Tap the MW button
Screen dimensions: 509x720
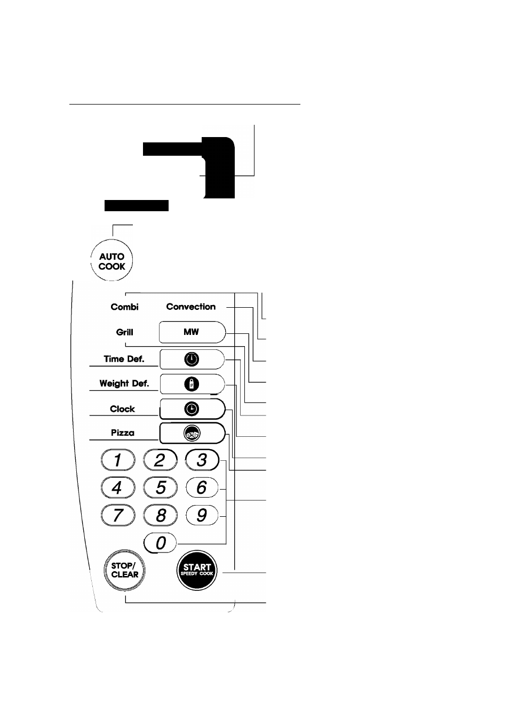pos(192,332)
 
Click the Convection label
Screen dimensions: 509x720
pos(190,307)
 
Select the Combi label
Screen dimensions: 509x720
pos(124,307)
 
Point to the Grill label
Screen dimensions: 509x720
pos(124,332)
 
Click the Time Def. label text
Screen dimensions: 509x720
pos(124,359)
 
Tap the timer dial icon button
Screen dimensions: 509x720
pos(192,359)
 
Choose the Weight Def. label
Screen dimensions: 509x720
pos(124,383)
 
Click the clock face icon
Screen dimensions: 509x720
pos(192,409)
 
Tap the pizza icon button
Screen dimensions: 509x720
pos(192,433)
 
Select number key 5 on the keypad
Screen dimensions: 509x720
pos(160,487)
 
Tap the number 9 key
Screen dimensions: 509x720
pos(202,515)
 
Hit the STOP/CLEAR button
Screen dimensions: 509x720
pos(124,570)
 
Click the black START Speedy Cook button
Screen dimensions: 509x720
pos(197,570)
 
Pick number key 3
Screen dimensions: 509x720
pos(202,460)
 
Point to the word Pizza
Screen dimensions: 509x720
pos(123,433)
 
